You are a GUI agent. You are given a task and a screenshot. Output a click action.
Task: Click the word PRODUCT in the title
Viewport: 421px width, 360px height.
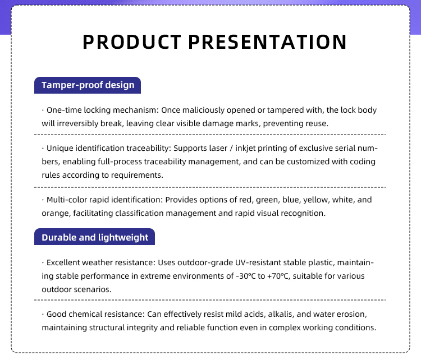pyautogui.click(x=132, y=42)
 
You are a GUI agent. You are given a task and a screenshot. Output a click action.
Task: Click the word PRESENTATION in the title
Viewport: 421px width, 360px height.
pyautogui.click(x=267, y=42)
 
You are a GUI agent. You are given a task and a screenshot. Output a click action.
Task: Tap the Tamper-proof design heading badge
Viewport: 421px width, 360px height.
pyautogui.click(x=88, y=85)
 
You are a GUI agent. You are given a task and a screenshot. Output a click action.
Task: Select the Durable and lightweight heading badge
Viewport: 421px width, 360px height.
pyautogui.click(x=94, y=237)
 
